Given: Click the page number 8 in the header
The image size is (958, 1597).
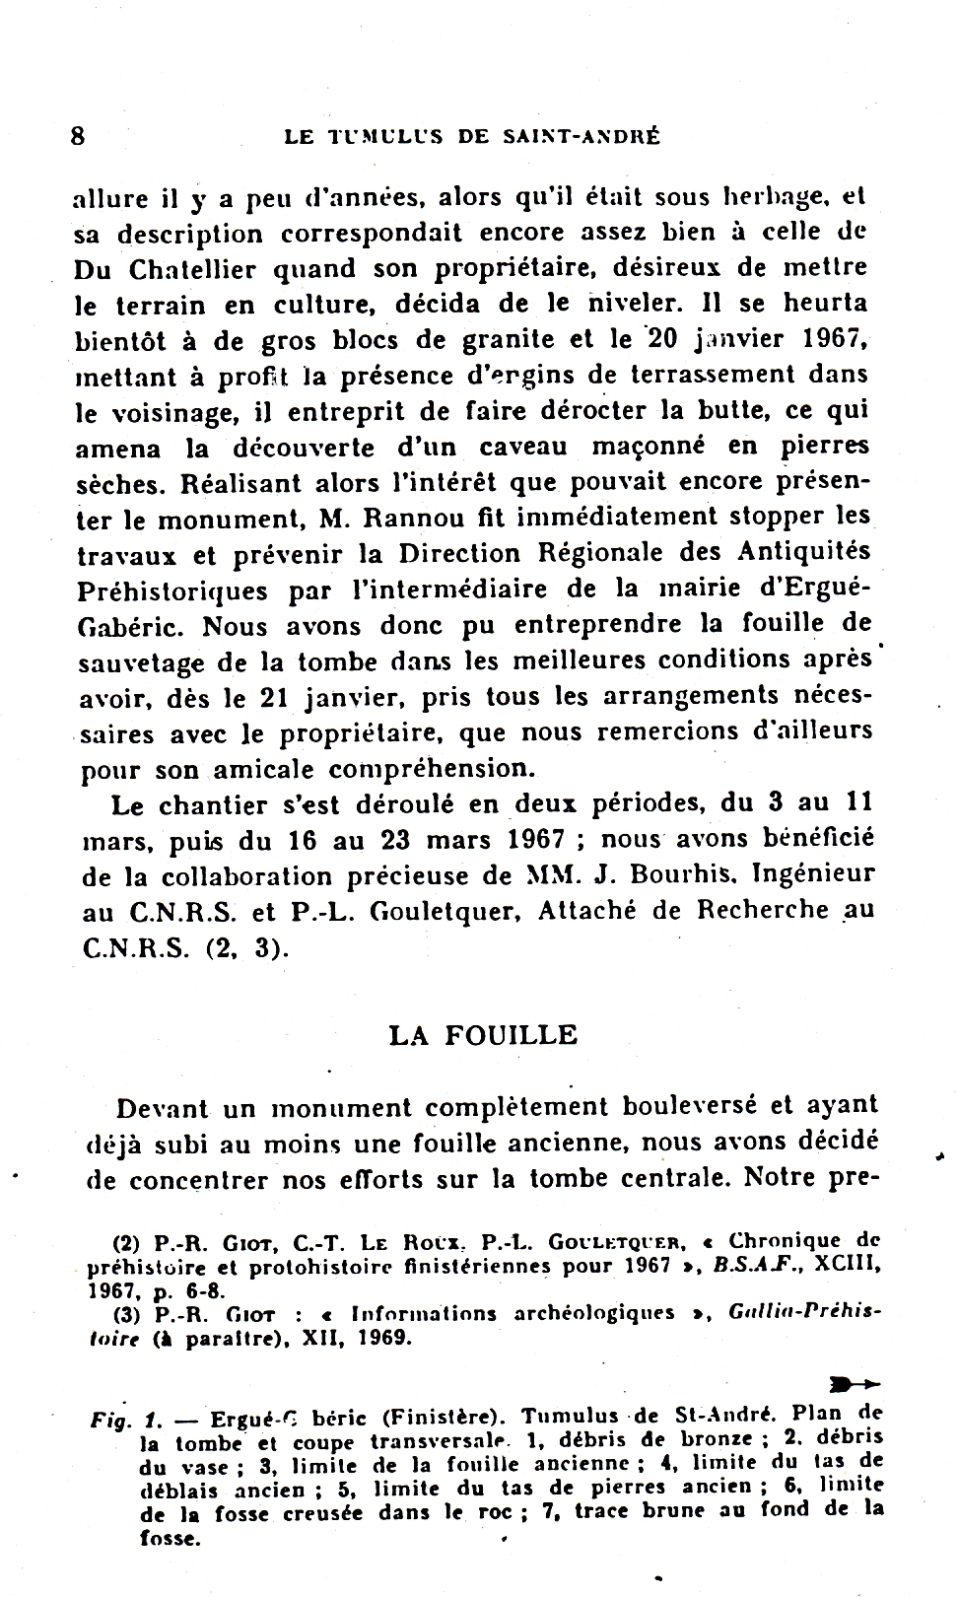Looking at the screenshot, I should [79, 134].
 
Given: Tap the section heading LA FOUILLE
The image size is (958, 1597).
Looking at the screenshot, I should [483, 1035].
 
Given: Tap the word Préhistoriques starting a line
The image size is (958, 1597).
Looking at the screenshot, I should [171, 590].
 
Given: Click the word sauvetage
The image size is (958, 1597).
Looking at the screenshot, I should [142, 662].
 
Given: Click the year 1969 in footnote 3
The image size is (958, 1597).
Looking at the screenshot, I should [383, 1339].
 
